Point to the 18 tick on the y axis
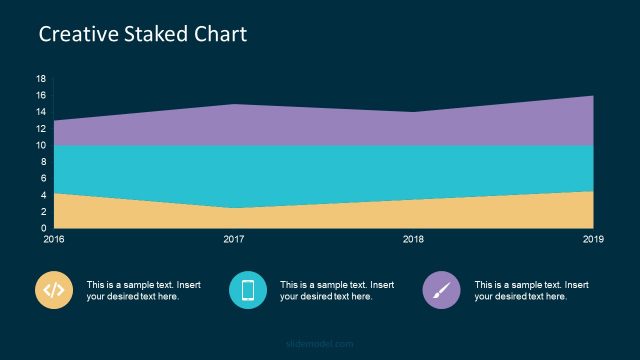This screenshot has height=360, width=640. tap(40, 79)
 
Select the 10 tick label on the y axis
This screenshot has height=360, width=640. tap(40, 146)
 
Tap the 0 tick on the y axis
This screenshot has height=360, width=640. tap(43, 229)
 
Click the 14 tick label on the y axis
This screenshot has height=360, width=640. tap(40, 112)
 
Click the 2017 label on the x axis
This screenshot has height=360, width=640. tap(234, 240)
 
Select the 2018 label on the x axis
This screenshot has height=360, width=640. tap(413, 240)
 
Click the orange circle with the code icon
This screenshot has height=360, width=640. tap(54, 290)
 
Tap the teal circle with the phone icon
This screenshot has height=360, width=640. tap(248, 290)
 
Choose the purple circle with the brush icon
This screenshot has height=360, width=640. tap(441, 290)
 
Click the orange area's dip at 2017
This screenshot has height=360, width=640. tap(234, 208)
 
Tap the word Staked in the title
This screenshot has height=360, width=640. tap(151, 34)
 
